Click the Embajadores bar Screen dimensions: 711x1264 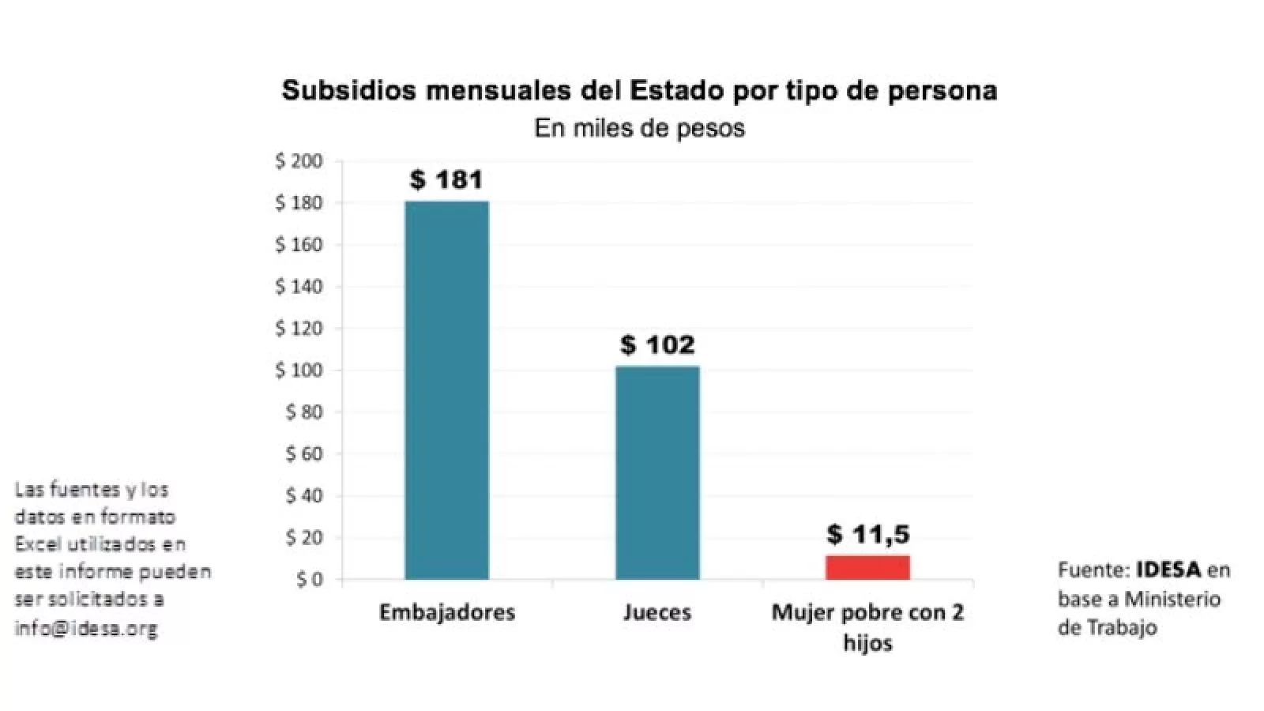[x=446, y=390]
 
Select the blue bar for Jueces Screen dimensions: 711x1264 [x=657, y=472]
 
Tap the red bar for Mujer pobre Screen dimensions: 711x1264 [x=867, y=567]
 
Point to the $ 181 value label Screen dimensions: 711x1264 [x=446, y=180]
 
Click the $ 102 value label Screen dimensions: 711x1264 [x=657, y=344]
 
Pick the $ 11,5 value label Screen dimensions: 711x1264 [x=868, y=534]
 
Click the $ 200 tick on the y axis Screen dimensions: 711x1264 [x=299, y=161]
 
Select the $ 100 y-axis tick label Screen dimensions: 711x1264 [x=299, y=371]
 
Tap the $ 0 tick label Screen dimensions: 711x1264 [x=309, y=580]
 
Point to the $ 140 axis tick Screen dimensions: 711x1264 [x=299, y=287]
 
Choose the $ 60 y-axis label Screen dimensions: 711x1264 [x=303, y=454]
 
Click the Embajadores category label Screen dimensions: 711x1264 [x=446, y=612]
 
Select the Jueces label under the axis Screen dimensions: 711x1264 [x=657, y=612]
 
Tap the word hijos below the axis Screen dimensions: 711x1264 [x=867, y=642]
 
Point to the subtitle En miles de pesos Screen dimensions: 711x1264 [x=639, y=128]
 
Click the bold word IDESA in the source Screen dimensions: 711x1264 [x=1168, y=570]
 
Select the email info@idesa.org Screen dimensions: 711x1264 [x=86, y=629]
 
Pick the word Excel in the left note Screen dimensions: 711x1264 [x=37, y=544]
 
